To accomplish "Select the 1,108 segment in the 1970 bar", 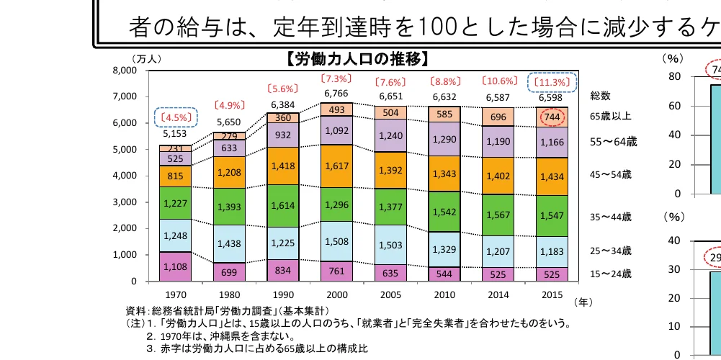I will point(174,266).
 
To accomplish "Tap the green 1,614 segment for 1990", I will point(283,204).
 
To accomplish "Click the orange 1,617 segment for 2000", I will point(337,166).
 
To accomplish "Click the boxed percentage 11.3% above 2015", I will point(552,82).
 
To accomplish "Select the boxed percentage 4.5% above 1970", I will point(175,117).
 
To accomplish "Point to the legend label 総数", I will point(600,95).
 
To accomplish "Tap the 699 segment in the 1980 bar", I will point(229,271).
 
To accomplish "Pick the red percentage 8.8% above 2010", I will point(445,81).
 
